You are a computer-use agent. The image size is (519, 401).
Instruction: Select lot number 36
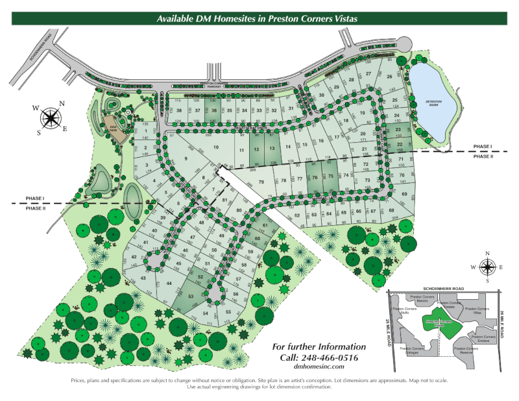click(213, 111)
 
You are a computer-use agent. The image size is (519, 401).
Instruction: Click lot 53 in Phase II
click(191, 297)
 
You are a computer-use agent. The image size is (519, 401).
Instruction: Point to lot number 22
click(400, 144)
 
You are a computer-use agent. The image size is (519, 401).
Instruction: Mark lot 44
click(169, 284)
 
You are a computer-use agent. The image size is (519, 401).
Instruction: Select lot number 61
click(265, 226)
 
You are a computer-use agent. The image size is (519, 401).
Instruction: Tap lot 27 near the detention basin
click(368, 75)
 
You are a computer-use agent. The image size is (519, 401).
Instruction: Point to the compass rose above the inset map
click(487, 267)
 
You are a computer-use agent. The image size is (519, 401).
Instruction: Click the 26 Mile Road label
click(501, 324)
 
